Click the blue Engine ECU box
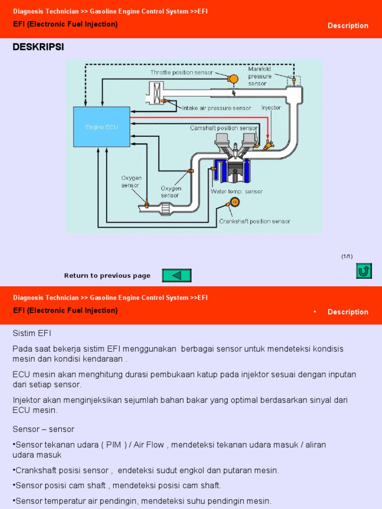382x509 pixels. [101, 127]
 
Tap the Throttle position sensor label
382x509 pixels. [182, 73]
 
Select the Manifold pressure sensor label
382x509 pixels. [260, 77]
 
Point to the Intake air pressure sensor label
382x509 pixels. [216, 108]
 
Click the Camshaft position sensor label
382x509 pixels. [224, 128]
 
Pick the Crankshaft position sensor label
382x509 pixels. [255, 221]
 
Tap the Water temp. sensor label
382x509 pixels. [237, 191]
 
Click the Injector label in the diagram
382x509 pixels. [271, 107]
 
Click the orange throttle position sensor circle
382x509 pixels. [232, 79]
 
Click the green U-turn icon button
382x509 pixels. [364, 271]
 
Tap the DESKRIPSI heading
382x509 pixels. [38, 47]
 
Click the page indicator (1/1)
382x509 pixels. [347, 256]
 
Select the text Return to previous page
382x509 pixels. [107, 276]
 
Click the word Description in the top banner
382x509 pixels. [348, 26]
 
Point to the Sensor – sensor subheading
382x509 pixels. [43, 429]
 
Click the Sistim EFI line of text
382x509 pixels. [32, 333]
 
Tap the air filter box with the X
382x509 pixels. [156, 93]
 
